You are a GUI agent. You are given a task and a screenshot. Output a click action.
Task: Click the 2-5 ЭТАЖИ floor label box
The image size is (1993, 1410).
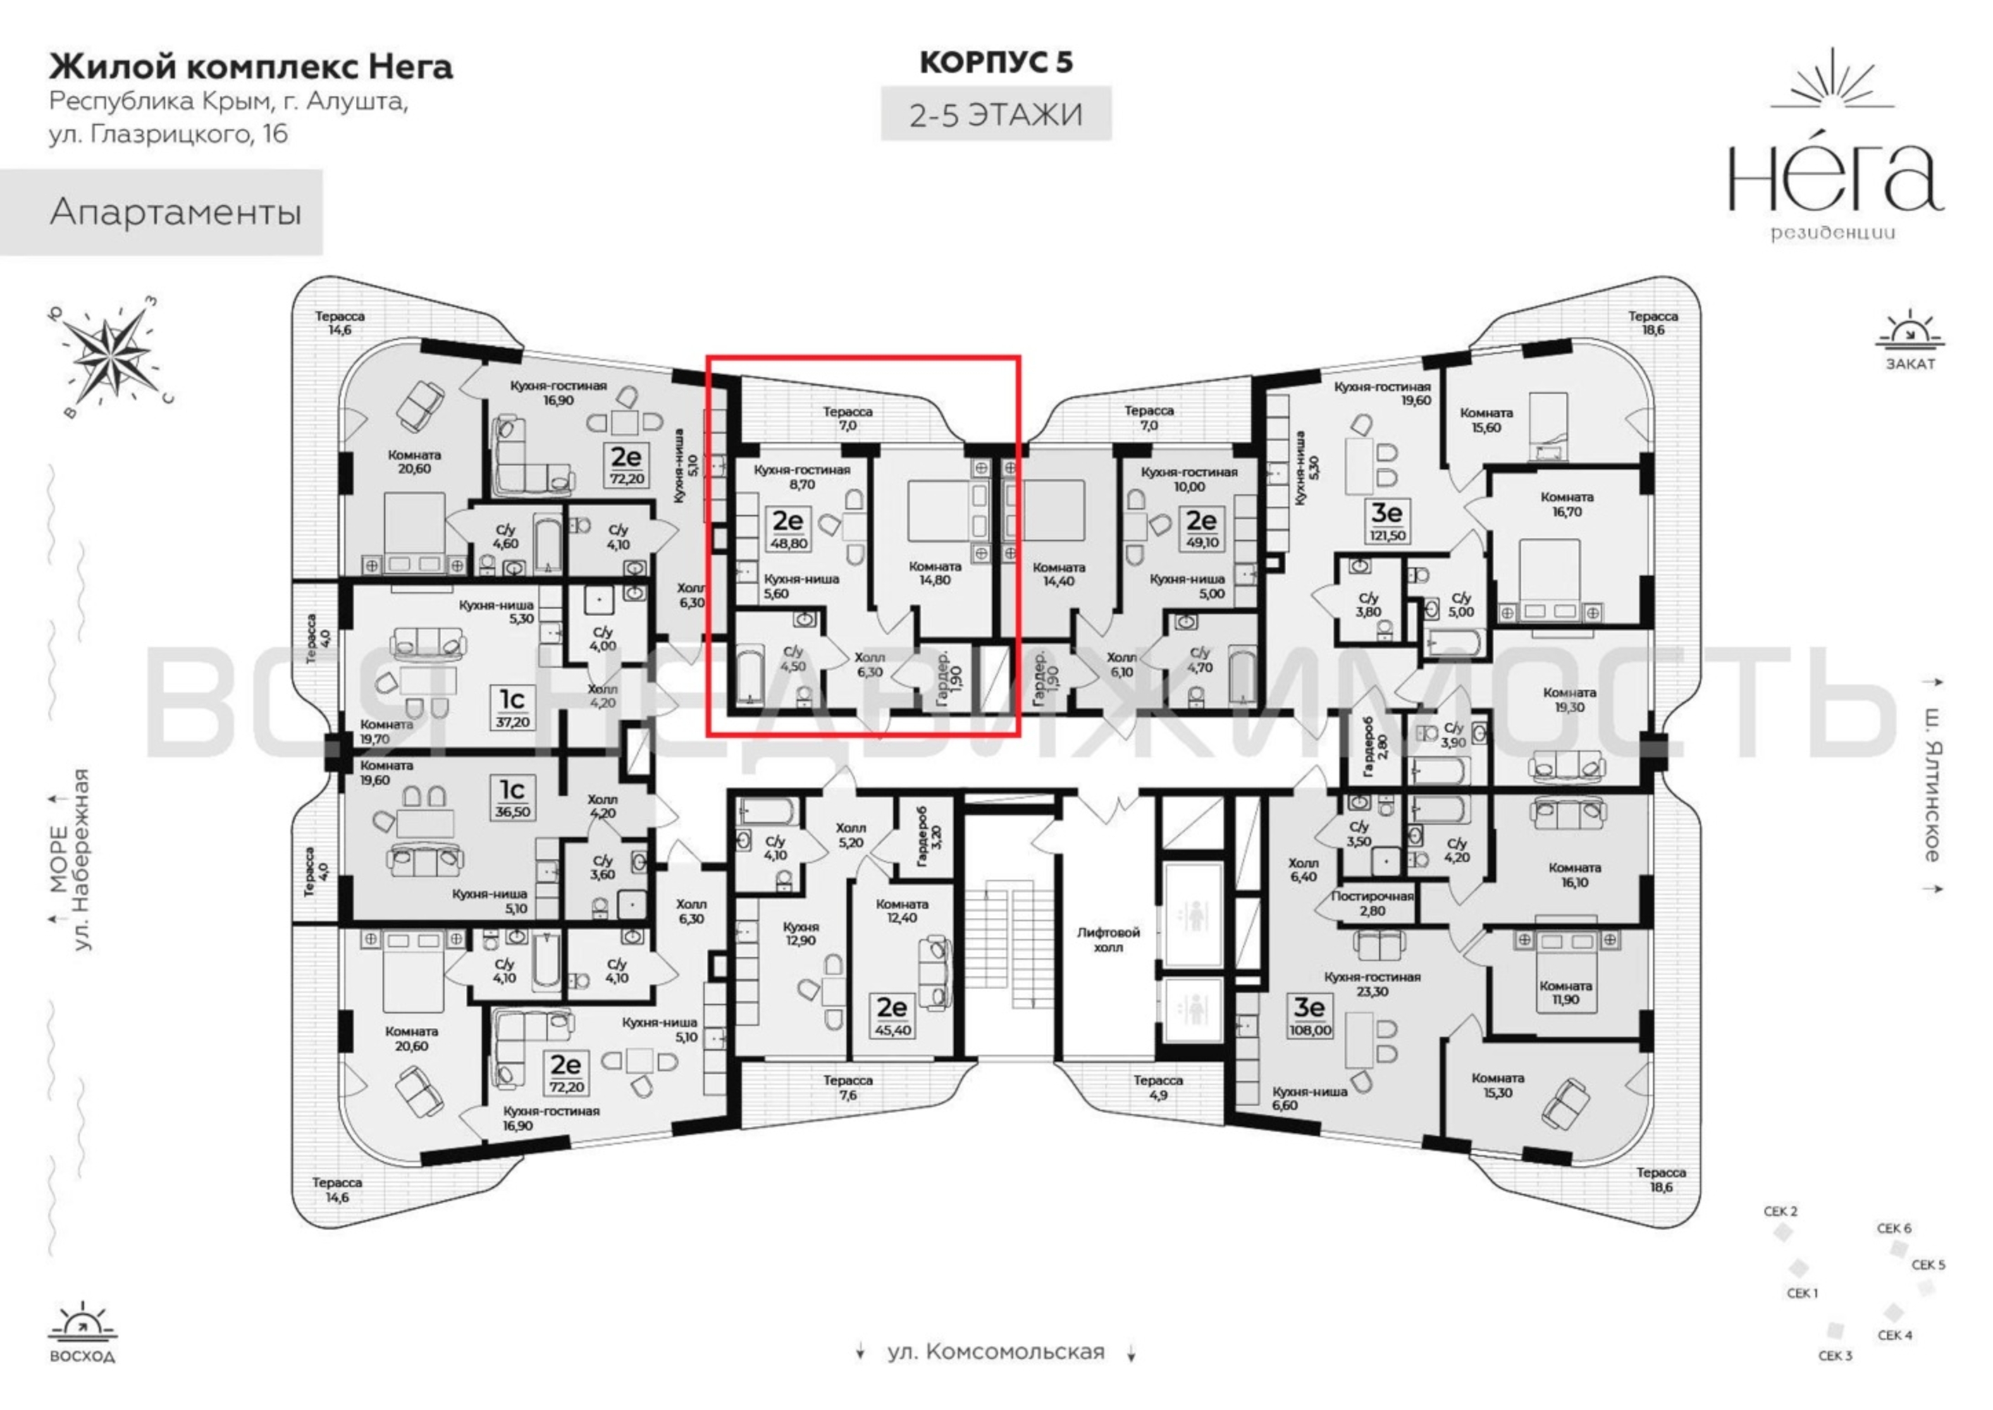996,114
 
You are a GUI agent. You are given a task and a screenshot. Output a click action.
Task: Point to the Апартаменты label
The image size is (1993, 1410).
176,211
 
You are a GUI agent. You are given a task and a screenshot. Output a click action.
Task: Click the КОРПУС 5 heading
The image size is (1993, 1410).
996,63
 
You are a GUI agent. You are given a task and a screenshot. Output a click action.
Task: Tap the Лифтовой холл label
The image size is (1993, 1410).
1108,940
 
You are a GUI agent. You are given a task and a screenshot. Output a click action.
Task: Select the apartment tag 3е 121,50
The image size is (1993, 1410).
1387,520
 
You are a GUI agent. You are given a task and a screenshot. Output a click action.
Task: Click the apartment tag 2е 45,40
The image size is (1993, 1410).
891,1017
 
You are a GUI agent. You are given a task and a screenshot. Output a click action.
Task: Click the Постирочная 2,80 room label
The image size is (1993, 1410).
1372,903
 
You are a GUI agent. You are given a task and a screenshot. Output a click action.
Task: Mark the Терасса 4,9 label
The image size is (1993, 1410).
1158,1088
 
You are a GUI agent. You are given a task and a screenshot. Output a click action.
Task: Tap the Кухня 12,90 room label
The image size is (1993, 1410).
801,933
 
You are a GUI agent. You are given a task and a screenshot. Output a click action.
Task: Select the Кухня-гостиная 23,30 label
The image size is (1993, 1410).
1372,983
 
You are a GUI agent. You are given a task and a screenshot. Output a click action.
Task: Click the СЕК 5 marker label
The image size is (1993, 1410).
1929,1265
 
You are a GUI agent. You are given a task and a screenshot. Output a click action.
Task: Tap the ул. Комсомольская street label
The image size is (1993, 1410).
996,1351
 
